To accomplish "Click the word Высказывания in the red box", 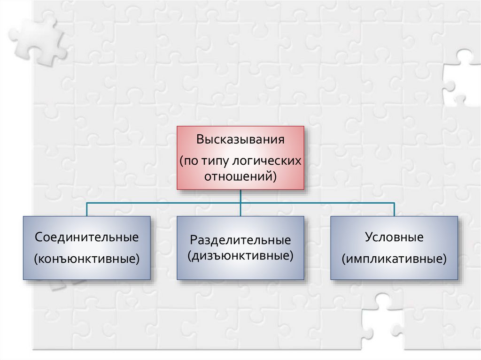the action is pyautogui.click(x=240, y=140).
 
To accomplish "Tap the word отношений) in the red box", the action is pyautogui.click(x=240, y=177).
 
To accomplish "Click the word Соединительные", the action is pyautogui.click(x=87, y=237).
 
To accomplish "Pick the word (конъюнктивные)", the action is pyautogui.click(x=87, y=259).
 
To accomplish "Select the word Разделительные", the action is pyautogui.click(x=240, y=240).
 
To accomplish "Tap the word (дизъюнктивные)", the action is pyautogui.click(x=240, y=256).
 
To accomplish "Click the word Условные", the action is pyautogui.click(x=394, y=237).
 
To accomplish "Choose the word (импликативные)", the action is pyautogui.click(x=394, y=259).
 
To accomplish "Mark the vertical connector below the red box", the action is pyautogui.click(x=240, y=196).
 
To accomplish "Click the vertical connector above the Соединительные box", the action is pyautogui.click(x=87, y=209).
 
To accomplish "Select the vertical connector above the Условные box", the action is pyautogui.click(x=394, y=209).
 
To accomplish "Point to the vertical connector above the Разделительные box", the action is pyautogui.click(x=240, y=210).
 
